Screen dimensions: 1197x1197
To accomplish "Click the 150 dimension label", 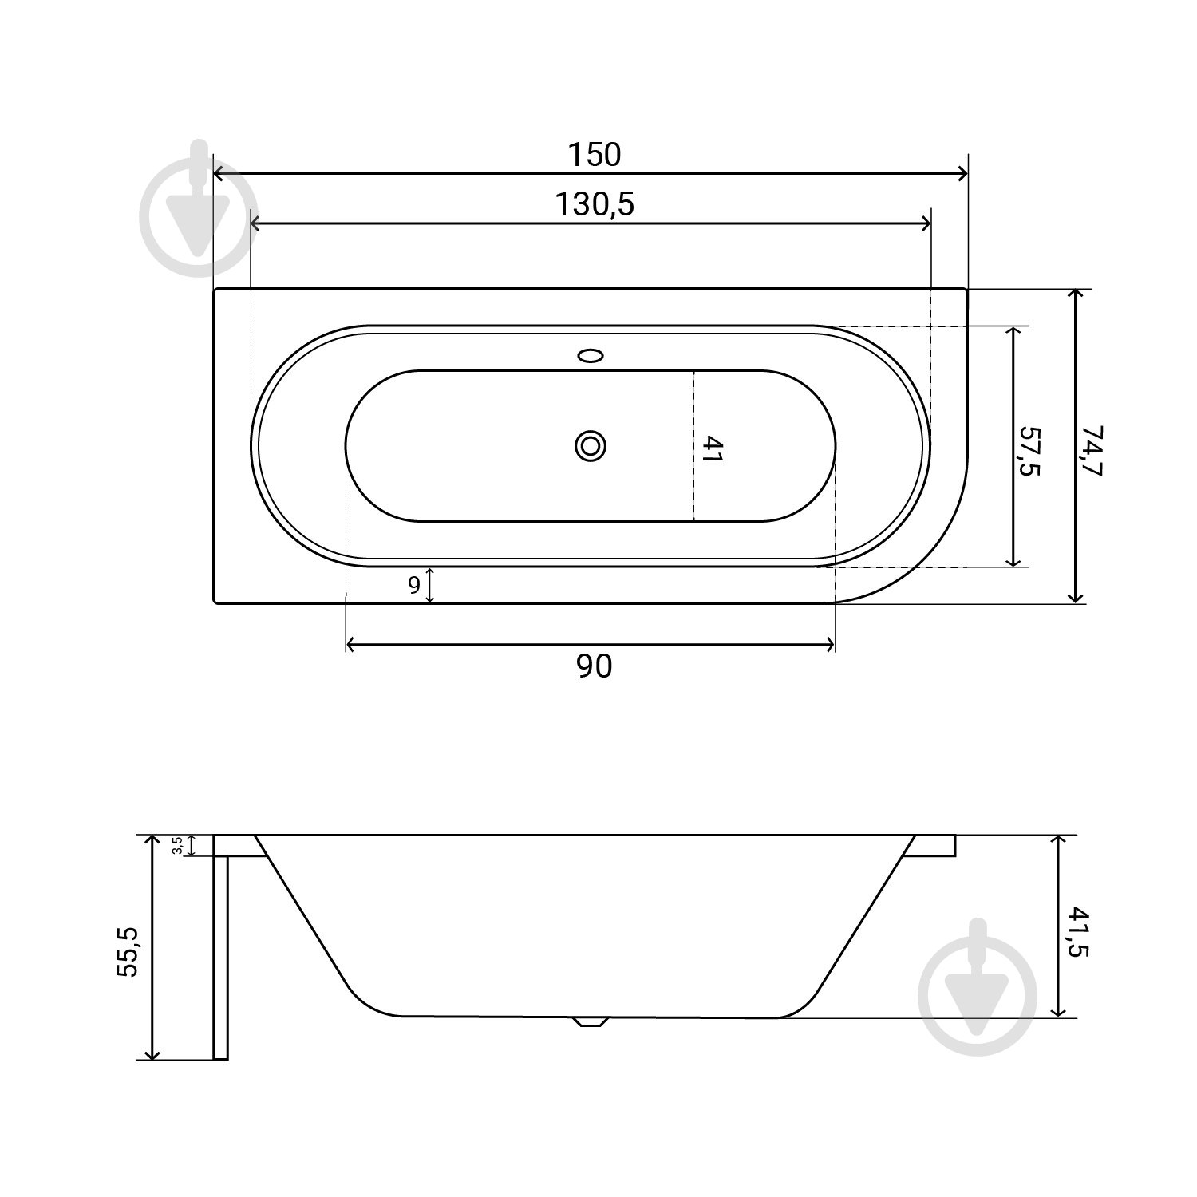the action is point(594,155).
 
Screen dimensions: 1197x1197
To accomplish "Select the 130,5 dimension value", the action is point(595,205).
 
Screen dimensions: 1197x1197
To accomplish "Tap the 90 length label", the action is point(594,666).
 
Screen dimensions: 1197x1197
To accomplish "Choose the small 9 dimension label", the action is point(413,586).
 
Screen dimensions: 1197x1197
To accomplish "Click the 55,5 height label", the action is point(128,951).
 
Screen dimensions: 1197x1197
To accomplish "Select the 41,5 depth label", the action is point(1077,931).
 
